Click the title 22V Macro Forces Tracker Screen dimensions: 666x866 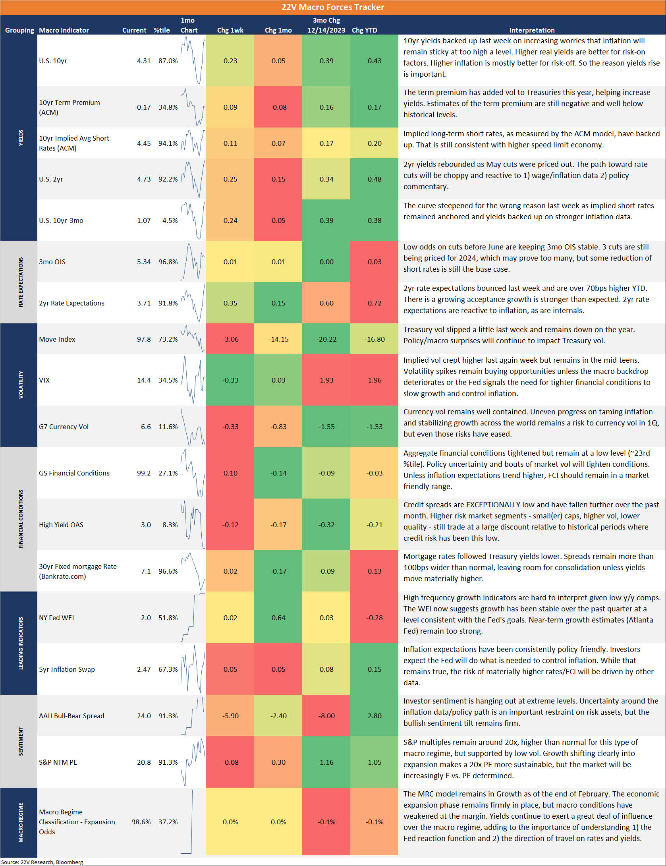point(333,7)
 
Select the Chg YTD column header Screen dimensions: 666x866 point(364,30)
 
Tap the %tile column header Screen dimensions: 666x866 point(162,30)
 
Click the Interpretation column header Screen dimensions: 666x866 point(532,30)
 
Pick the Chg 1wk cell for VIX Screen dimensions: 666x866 point(230,380)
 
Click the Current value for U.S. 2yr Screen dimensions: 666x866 point(144,179)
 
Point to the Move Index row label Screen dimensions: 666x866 point(57,339)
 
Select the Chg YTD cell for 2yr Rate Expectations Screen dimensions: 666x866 point(375,303)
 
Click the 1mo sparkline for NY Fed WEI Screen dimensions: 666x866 point(193,618)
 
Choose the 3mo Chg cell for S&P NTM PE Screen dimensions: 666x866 point(326,762)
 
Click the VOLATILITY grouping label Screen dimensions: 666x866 point(21,385)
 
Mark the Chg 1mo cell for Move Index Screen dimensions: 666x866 point(278,339)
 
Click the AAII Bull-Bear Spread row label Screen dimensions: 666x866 point(71,716)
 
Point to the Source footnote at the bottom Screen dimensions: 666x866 point(42,862)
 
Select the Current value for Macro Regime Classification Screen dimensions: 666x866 point(141,822)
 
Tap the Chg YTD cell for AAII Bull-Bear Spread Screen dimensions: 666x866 point(375,716)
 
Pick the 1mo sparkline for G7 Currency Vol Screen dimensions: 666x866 point(193,427)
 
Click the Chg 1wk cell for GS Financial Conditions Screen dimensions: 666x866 point(230,473)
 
